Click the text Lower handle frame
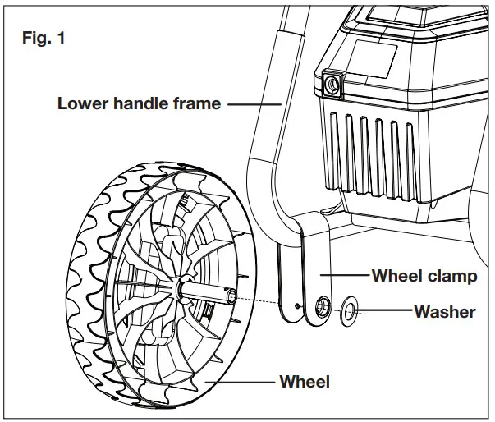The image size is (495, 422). (139, 103)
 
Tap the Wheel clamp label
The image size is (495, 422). (424, 275)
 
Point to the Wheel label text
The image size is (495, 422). (305, 382)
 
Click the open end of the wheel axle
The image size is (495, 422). (232, 296)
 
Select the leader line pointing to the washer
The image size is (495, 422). (385, 311)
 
